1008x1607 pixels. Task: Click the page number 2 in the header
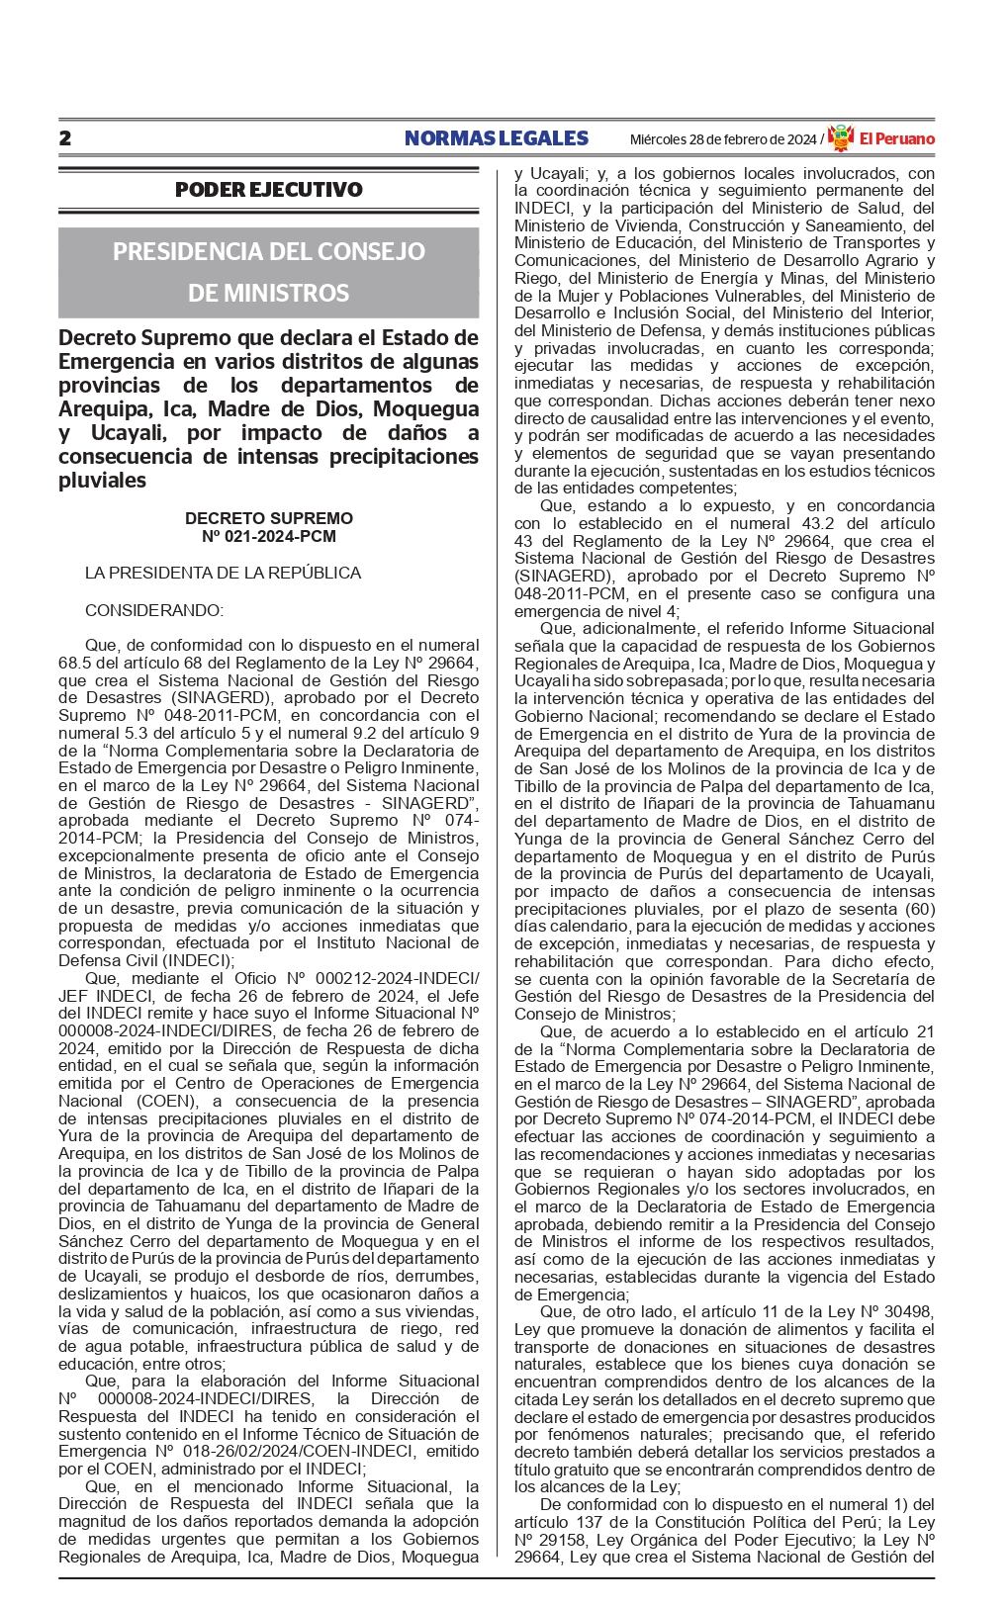(x=65, y=138)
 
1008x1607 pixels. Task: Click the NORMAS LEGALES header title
(x=496, y=138)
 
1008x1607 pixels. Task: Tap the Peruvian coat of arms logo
(x=840, y=138)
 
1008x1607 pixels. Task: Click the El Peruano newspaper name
(x=895, y=139)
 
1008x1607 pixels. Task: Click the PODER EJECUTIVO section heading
(x=268, y=189)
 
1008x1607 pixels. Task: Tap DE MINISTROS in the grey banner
(x=268, y=293)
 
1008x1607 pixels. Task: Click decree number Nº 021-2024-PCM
(x=268, y=536)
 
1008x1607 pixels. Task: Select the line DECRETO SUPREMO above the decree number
(x=268, y=518)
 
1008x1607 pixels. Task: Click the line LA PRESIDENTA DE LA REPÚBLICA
(x=223, y=573)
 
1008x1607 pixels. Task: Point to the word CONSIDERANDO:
(x=153, y=610)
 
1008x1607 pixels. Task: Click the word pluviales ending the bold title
(x=102, y=481)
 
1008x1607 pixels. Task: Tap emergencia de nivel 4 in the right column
(x=580, y=611)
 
